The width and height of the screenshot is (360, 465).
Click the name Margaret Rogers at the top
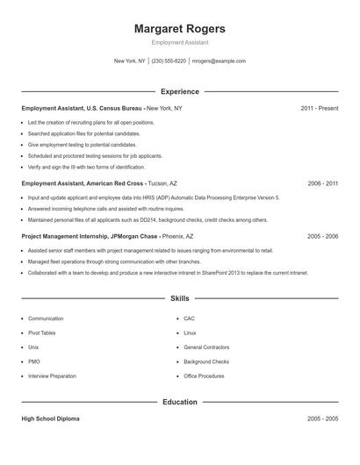[x=179, y=28]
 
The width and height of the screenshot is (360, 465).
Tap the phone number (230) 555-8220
[x=169, y=61]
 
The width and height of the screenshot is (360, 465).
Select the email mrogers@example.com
[x=219, y=61]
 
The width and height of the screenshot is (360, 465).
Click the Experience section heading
[x=180, y=91]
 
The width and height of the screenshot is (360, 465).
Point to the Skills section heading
[x=180, y=299]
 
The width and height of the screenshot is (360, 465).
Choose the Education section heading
[x=180, y=403]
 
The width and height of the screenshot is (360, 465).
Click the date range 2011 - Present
[x=319, y=108]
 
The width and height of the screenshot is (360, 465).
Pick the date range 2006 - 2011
[x=322, y=184]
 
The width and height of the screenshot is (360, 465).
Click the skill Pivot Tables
[x=41, y=333]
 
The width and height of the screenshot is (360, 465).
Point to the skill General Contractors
[x=205, y=347]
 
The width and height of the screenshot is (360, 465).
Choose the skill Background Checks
[x=206, y=361]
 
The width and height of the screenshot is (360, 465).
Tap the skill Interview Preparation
[x=51, y=376]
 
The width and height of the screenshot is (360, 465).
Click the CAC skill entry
[x=189, y=318]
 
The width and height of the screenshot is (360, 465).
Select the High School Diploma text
[x=51, y=419]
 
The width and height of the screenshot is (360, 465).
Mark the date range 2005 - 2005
[x=322, y=419]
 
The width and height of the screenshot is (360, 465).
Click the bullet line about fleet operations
[x=102, y=261]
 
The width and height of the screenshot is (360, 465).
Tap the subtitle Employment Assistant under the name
[x=179, y=42]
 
